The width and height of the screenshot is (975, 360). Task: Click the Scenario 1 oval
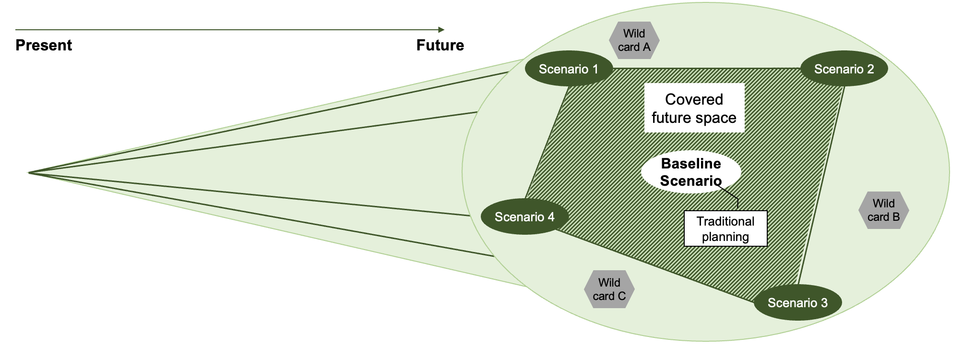coord(569,69)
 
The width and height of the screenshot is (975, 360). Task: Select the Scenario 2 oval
coord(844,69)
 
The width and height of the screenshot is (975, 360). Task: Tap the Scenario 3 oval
coord(797,302)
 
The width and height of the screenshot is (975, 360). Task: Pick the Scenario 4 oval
coord(524,217)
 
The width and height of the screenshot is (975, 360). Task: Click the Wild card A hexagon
coord(634,40)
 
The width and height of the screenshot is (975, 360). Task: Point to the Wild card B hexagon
coord(883,210)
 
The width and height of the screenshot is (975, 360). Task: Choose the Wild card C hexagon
coord(609,289)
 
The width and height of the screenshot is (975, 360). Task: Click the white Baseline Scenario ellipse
coord(691,172)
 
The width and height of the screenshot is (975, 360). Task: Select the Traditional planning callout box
coord(725,229)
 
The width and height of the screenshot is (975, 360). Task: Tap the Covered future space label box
coord(694,108)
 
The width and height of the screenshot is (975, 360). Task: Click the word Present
coord(44,45)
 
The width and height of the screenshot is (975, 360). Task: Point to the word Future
coord(440,45)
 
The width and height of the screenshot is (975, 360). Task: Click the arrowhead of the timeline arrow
coord(441,30)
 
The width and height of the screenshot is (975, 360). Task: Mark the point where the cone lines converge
coord(29,172)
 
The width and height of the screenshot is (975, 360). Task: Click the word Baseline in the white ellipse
coord(691,164)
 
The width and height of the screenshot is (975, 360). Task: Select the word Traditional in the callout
coord(725,221)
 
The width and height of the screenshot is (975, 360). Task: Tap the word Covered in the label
coord(694,99)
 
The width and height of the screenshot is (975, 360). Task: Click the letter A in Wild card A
coord(646,47)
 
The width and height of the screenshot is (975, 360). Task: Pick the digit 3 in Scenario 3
coord(824,303)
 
